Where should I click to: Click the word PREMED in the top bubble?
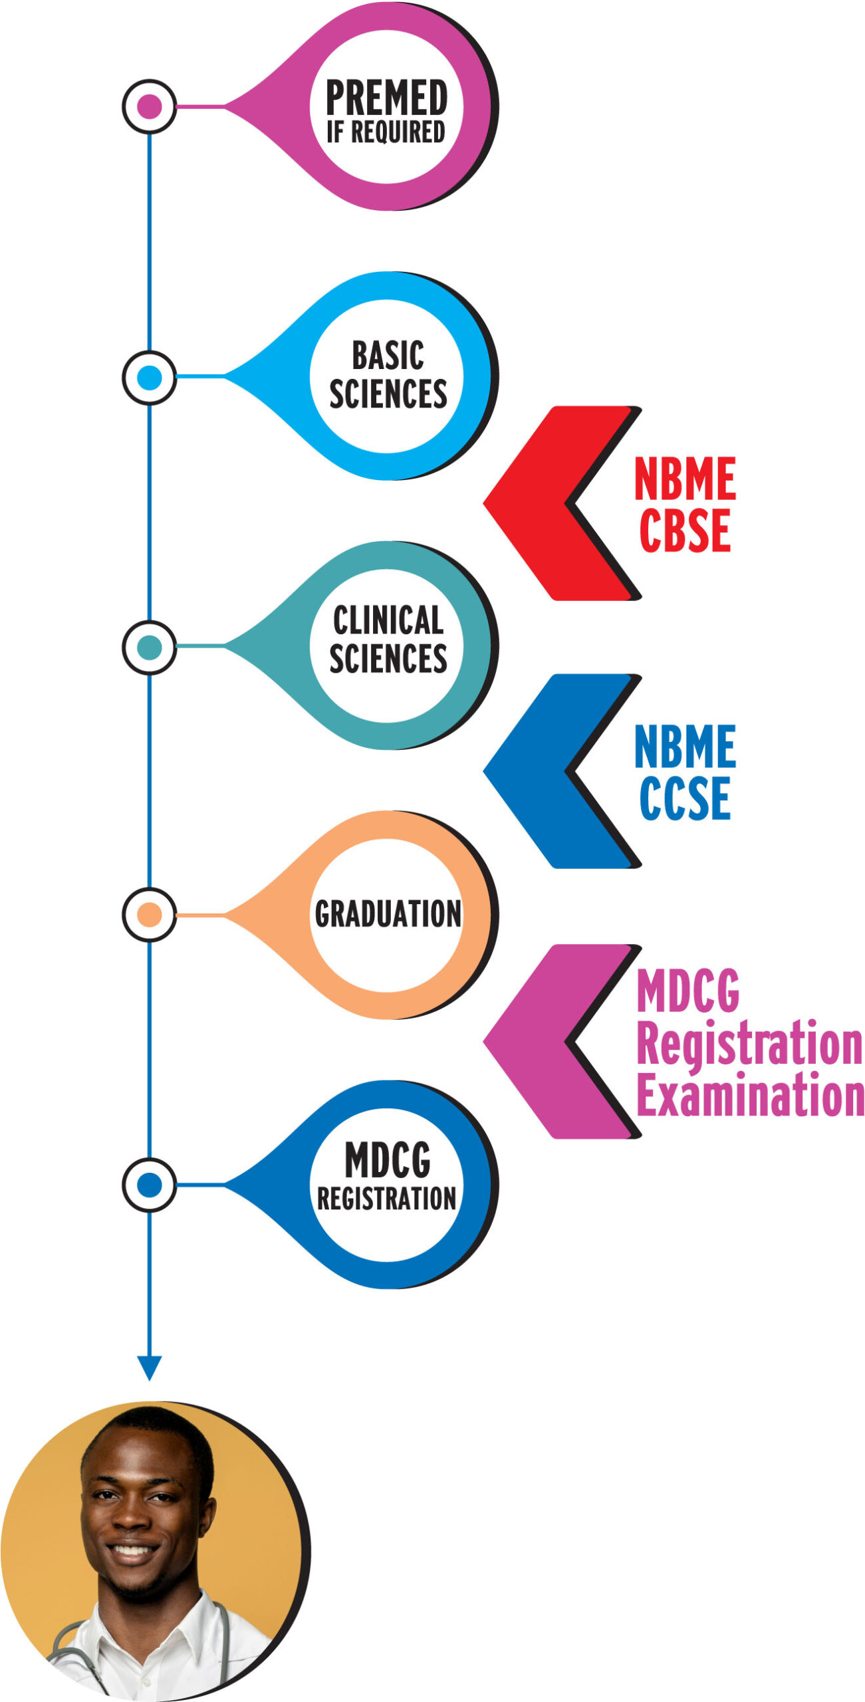(386, 97)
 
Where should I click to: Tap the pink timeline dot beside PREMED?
(149, 106)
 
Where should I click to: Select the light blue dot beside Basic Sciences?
(149, 378)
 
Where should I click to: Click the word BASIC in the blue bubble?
(388, 355)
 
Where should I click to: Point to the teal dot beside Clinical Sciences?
(149, 648)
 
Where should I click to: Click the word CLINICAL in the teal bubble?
(388, 620)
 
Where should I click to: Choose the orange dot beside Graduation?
(149, 915)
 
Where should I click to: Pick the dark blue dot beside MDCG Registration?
(149, 1185)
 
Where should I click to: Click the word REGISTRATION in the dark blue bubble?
(386, 1199)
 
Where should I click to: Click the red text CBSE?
(685, 531)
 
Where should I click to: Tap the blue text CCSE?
(685, 798)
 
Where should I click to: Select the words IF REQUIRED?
(386, 132)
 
